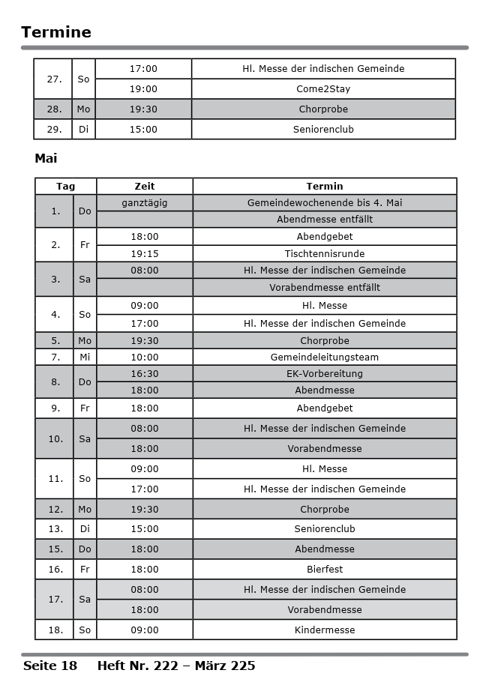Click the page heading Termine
point(56,32)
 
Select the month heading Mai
point(46,158)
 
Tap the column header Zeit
point(145,186)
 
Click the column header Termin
point(325,186)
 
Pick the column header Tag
point(65,186)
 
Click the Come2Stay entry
point(323,88)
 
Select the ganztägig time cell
point(145,202)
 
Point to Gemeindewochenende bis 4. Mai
point(325,202)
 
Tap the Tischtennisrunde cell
point(325,253)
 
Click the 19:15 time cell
point(145,253)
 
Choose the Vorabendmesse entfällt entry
point(325,287)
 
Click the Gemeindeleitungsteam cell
point(325,357)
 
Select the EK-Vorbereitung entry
point(325,373)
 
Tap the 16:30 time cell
point(145,373)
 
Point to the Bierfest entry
point(325,569)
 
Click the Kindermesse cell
point(325,630)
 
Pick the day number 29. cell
point(54,129)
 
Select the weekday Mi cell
point(85,357)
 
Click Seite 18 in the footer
point(50,666)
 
